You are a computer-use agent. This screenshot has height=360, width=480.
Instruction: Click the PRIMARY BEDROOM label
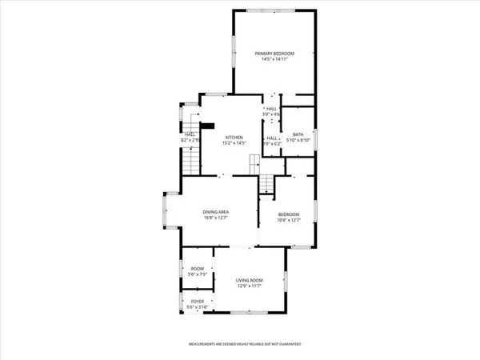(x=274, y=53)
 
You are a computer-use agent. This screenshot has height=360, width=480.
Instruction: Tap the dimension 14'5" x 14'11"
(x=274, y=59)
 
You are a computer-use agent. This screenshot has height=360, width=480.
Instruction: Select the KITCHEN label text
(x=233, y=137)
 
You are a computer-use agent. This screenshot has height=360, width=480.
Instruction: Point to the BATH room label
(x=298, y=134)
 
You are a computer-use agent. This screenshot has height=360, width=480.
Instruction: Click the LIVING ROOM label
(x=249, y=279)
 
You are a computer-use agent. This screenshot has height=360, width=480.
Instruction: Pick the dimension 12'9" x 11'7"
(x=249, y=286)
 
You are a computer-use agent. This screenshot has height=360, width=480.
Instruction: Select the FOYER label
(x=197, y=302)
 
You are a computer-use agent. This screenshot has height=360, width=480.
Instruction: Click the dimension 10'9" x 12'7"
(x=289, y=220)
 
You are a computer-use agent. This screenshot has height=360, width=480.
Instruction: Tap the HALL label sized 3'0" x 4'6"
(x=271, y=108)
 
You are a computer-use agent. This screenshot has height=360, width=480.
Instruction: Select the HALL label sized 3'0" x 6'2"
(x=271, y=138)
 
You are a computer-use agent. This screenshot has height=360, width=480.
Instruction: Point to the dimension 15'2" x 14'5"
(x=233, y=143)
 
